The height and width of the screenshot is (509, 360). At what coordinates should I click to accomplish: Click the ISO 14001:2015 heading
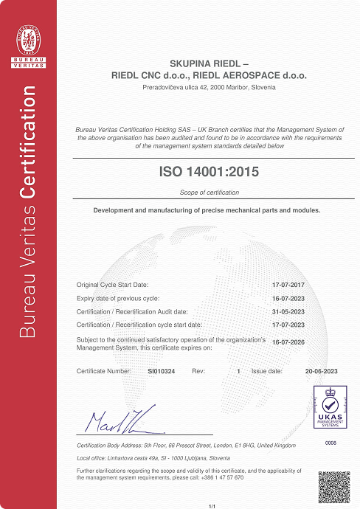pos(210,172)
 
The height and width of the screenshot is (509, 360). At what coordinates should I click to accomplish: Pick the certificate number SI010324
pos(162,372)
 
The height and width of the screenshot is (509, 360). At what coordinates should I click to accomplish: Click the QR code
pos(331,483)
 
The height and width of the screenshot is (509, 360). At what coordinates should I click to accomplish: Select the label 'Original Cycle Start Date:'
pos(113,285)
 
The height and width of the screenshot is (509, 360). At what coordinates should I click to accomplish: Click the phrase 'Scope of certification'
pos(210,193)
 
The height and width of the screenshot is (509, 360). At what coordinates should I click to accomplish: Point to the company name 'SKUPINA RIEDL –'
pos(210,63)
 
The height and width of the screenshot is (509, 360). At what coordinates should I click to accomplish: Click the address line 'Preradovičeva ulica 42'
pos(177,87)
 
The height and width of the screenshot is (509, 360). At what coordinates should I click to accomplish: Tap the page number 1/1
pos(212,505)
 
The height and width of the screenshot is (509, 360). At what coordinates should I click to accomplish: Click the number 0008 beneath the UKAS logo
pos(330,443)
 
